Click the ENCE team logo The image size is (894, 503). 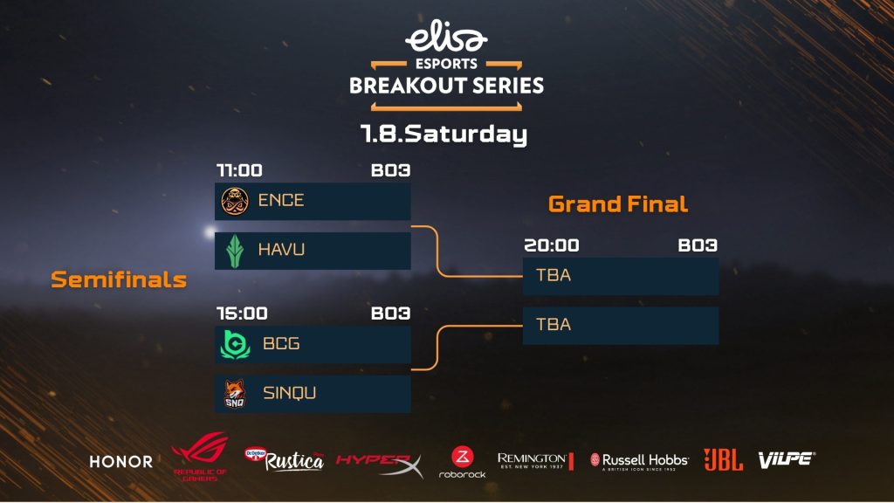pos(235,202)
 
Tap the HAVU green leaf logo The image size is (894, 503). pos(235,251)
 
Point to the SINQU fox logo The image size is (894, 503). pos(234,394)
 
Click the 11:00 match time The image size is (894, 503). pos(239,170)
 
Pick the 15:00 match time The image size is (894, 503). pos(242,314)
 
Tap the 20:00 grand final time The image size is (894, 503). pos(552,245)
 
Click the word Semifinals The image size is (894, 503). pos(119,279)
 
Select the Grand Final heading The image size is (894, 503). pos(618,204)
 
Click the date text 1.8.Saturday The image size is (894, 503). pos(444,134)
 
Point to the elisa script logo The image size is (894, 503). pos(446,36)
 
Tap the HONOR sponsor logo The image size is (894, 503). pos(120,461)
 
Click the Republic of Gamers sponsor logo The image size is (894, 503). pos(200,457)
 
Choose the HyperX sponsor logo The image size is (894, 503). pos(380,465)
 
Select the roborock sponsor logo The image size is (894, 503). pos(462,462)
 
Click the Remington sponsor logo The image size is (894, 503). pos(535,460)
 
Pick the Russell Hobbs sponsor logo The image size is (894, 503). pos(639,461)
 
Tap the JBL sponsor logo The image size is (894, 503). pos(723,459)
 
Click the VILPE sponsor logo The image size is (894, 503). pos(787,459)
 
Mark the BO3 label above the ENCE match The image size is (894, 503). pos(390,170)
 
